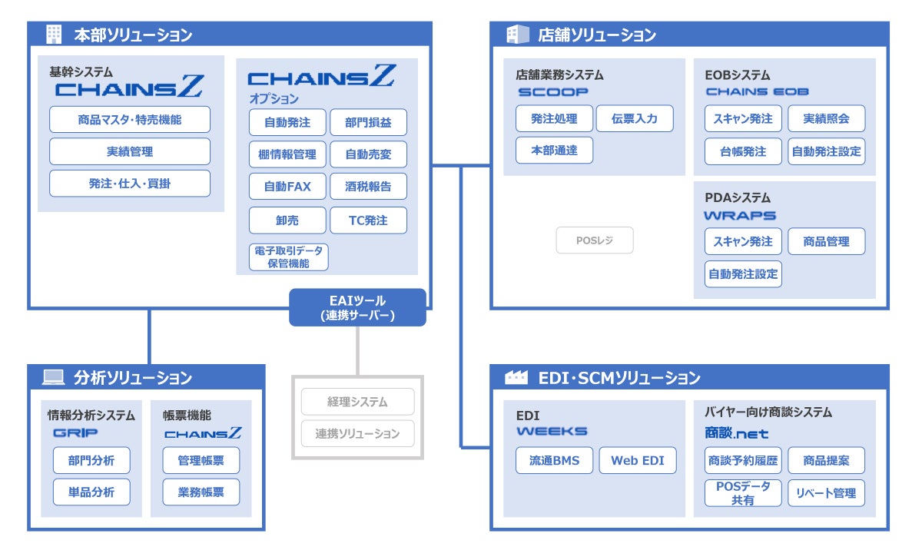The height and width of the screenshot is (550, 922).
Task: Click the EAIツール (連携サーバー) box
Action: [357, 307]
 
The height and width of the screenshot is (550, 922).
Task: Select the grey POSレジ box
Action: [595, 240]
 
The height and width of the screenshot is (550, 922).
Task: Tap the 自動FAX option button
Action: [287, 187]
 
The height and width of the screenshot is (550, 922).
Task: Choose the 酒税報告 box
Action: [368, 187]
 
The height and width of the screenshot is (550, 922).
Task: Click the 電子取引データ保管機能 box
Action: [289, 257]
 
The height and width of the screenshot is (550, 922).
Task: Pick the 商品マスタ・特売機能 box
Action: [130, 119]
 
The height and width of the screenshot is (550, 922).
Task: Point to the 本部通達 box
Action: [554, 150]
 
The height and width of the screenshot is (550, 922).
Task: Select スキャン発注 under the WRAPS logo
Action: [743, 241]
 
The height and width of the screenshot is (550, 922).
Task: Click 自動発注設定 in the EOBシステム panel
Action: [827, 151]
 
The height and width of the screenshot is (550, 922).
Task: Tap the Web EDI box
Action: [638, 460]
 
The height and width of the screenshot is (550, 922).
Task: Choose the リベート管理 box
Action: [827, 493]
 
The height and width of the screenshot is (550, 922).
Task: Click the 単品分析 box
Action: [91, 492]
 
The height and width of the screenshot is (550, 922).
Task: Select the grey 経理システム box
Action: [358, 402]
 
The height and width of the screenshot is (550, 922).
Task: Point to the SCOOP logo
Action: [552, 92]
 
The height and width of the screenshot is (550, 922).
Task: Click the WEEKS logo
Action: [552, 431]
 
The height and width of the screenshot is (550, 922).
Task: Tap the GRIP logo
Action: [75, 432]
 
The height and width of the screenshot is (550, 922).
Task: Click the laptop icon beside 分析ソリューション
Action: [54, 377]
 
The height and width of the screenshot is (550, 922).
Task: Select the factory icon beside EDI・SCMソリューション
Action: [516, 377]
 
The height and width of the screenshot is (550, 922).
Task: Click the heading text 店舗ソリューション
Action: [597, 35]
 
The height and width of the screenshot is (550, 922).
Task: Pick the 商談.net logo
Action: [736, 432]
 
